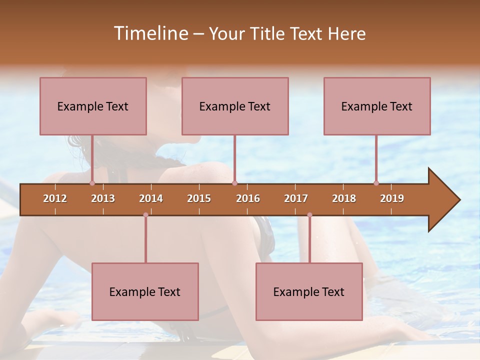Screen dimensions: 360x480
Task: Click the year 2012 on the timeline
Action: pos(55,198)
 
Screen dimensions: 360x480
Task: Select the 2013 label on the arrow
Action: pos(103,198)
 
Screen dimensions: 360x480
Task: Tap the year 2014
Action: pos(151,198)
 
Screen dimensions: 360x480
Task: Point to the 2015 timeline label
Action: pos(199,198)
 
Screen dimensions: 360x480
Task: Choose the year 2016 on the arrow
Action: pos(248,198)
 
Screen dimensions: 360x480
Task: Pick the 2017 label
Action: pos(296,198)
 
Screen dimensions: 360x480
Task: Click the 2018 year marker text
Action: pos(344,198)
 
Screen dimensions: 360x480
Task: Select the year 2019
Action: pos(392,198)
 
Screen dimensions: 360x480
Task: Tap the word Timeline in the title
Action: pos(150,33)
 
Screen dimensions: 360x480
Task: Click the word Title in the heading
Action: pos(269,33)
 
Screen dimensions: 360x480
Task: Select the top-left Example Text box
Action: pos(93,106)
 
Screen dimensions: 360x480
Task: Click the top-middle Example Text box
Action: pos(235,106)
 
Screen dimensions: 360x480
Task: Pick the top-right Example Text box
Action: pos(377,106)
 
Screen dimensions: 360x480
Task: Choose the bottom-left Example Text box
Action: pos(145,291)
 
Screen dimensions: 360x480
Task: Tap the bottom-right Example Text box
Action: pos(309,291)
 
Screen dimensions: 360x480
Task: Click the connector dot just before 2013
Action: pos(92,183)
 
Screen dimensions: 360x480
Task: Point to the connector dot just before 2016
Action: pos(234,183)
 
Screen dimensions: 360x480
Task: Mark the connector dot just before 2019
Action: pos(376,183)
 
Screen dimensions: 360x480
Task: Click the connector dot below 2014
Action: pos(145,215)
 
